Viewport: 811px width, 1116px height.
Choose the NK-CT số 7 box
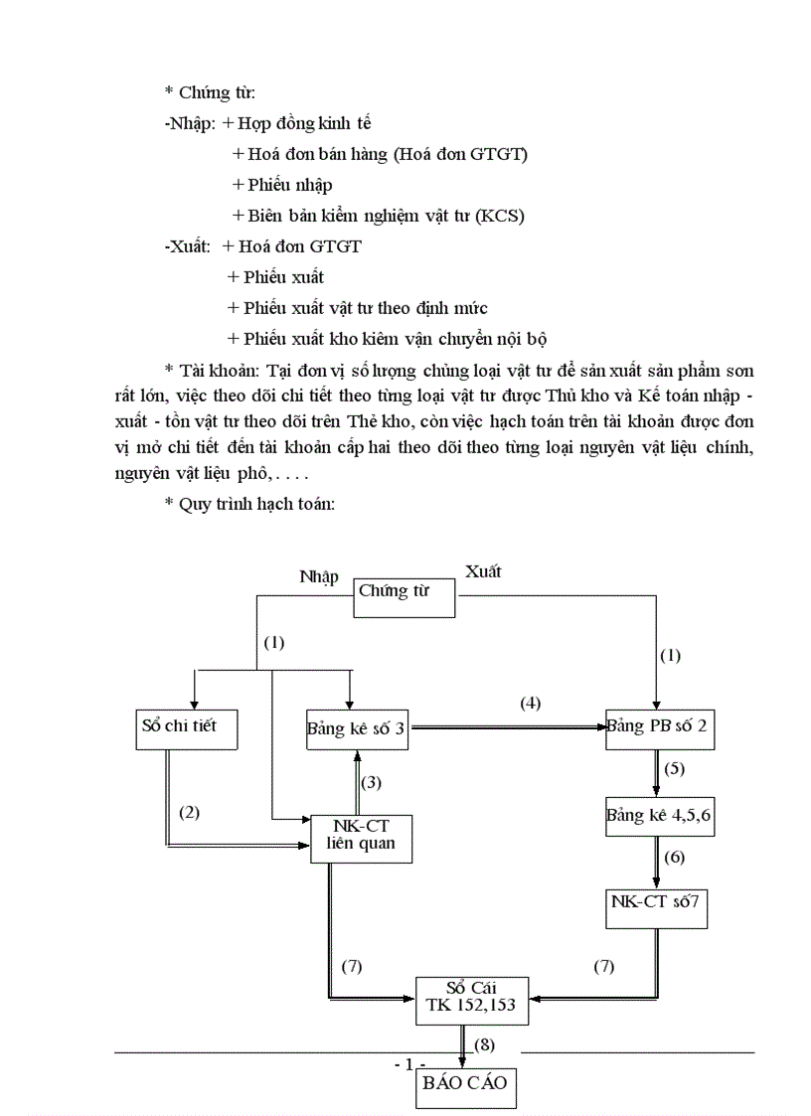657,905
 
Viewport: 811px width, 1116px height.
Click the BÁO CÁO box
466,1082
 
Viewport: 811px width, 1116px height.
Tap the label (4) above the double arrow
531,704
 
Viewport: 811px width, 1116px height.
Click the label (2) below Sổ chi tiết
189,812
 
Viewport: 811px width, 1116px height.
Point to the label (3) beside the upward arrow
372,782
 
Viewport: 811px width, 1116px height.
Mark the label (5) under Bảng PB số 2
674,768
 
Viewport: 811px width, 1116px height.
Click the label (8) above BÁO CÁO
484,1044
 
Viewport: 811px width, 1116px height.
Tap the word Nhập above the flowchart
319,576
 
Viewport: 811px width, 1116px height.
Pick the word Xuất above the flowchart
483,571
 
